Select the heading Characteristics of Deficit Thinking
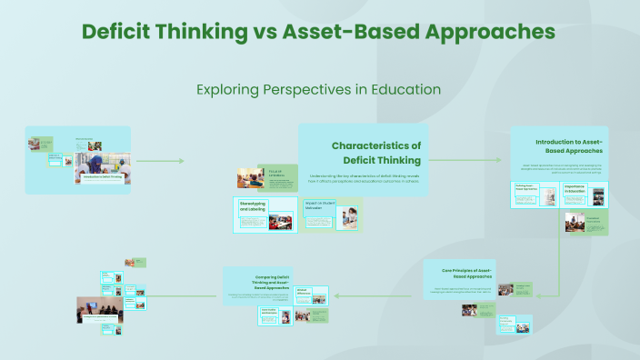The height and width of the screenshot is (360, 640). [375, 153]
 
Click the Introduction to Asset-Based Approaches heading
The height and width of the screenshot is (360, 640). [568, 145]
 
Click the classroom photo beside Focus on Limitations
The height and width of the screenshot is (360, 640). [250, 178]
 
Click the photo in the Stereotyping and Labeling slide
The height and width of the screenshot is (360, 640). [277, 221]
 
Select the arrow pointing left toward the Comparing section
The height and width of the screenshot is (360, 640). [335, 295]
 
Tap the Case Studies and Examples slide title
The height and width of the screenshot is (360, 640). [269, 311]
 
